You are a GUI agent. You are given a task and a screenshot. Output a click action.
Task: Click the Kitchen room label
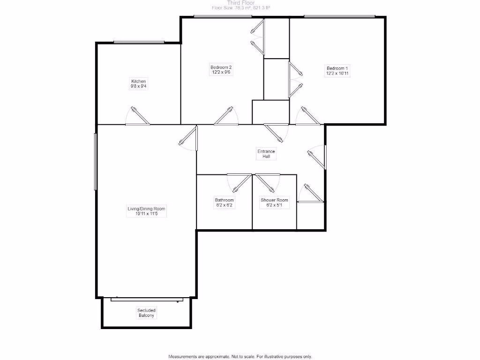(x=138, y=84)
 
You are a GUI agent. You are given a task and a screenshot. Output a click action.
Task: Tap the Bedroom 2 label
(x=221, y=70)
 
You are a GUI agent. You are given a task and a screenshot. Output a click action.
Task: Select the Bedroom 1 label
(x=337, y=71)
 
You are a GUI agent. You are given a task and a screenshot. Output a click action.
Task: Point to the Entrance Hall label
(x=266, y=154)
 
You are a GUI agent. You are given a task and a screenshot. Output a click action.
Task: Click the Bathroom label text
(x=224, y=202)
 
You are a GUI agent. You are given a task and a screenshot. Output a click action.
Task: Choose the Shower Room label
(x=274, y=202)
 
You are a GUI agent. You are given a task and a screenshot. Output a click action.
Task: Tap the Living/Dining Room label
(x=147, y=211)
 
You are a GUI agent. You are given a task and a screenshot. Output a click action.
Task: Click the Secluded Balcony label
(x=146, y=313)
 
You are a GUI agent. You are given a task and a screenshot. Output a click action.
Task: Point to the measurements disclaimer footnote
(x=240, y=356)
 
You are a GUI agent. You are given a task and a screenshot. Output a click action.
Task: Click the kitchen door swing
(x=138, y=116)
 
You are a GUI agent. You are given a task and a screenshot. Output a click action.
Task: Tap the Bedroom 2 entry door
(x=227, y=116)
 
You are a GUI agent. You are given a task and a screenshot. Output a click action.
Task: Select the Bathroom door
(x=240, y=180)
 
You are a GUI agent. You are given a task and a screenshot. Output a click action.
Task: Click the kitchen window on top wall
(x=139, y=42)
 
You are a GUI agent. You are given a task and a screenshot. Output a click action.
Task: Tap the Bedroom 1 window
(x=339, y=16)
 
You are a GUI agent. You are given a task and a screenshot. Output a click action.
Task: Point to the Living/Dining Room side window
(x=96, y=162)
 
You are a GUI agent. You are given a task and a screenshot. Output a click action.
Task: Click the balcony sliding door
(x=146, y=298)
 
